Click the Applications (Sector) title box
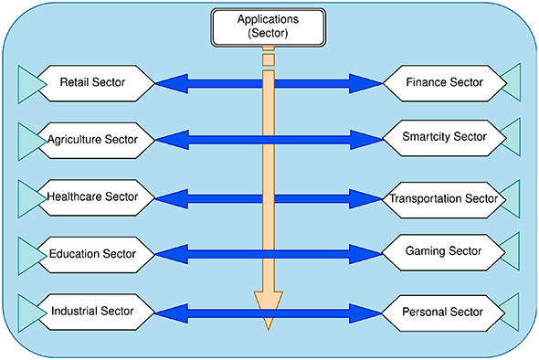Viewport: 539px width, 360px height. [x=268, y=26]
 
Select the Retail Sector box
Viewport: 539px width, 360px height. [x=92, y=83]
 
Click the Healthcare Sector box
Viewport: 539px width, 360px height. [x=92, y=196]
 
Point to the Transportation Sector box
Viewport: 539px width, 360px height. [x=443, y=198]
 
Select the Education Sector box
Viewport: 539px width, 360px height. [x=92, y=253]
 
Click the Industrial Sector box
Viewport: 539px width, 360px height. [x=92, y=311]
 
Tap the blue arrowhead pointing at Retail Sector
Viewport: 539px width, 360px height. [x=168, y=84]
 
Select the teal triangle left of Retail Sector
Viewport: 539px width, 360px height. [x=30, y=83]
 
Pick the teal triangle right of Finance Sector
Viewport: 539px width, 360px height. [x=511, y=83]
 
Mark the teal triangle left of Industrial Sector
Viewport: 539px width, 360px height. [x=30, y=311]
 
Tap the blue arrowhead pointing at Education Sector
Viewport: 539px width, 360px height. [x=168, y=253]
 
